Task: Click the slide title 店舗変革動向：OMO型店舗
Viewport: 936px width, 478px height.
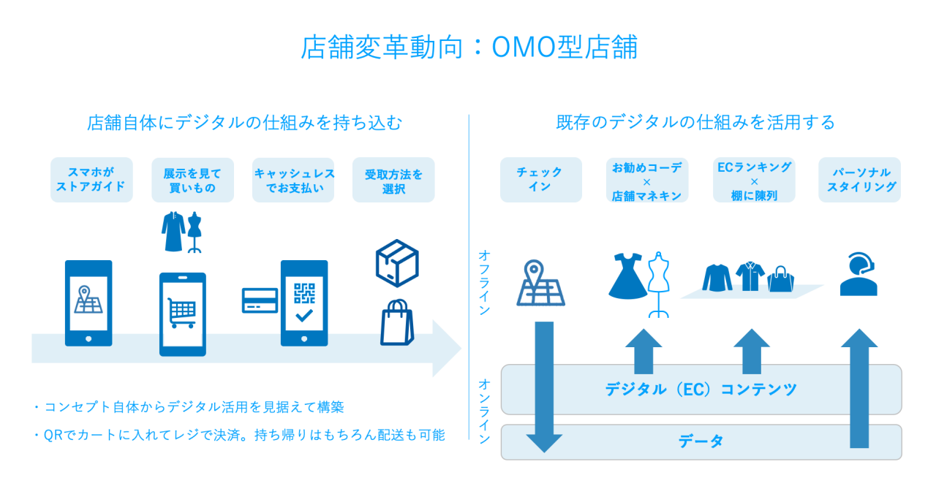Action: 469,48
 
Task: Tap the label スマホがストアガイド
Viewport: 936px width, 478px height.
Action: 91,180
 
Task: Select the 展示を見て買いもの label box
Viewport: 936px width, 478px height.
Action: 192,180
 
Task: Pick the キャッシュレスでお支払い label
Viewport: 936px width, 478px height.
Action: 293,180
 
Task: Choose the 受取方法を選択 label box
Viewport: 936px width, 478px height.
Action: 393,180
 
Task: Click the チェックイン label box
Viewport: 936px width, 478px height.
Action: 540,180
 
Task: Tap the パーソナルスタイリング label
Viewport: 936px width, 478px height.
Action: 859,180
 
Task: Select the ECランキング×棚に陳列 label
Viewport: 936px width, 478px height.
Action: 754,180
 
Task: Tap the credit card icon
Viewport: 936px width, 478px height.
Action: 260,300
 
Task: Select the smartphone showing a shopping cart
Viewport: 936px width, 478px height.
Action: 182,314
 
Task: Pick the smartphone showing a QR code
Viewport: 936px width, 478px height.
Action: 304,303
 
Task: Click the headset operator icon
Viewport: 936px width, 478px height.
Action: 858,274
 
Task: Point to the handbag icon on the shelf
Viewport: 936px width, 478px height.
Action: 780,278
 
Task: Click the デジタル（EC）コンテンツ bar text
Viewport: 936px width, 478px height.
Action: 701,389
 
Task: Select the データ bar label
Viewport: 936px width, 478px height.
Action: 701,441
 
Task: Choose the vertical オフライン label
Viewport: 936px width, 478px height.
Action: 483,282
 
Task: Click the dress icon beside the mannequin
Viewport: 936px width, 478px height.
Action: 626,276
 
